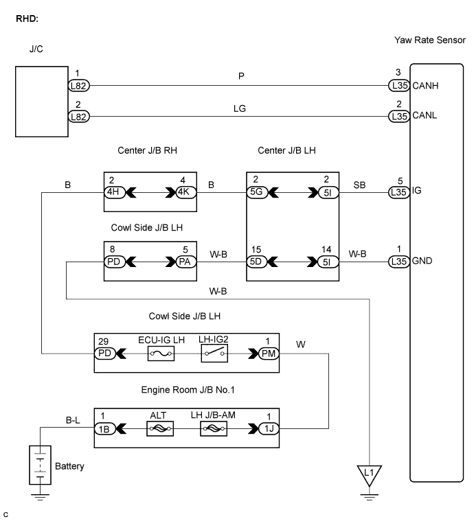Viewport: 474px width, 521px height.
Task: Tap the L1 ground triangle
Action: click(370, 474)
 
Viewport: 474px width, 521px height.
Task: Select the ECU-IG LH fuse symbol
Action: click(161, 353)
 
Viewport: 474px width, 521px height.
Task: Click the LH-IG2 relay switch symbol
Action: click(213, 353)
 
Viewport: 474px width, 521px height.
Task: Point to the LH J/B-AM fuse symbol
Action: click(213, 428)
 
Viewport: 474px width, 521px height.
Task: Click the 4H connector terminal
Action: click(113, 192)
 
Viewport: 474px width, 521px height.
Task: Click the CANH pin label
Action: click(425, 86)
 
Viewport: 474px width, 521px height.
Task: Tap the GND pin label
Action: click(423, 261)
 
